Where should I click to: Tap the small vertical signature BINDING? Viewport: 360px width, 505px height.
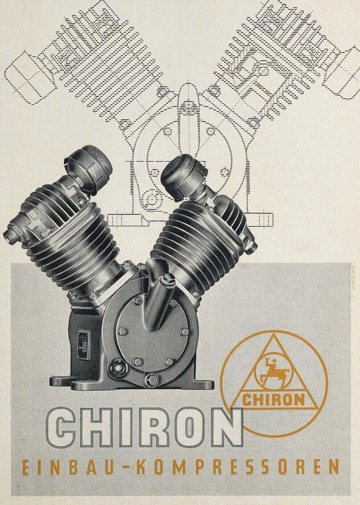click(x=353, y=277)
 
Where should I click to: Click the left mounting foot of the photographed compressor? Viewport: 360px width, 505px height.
click(x=63, y=381)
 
